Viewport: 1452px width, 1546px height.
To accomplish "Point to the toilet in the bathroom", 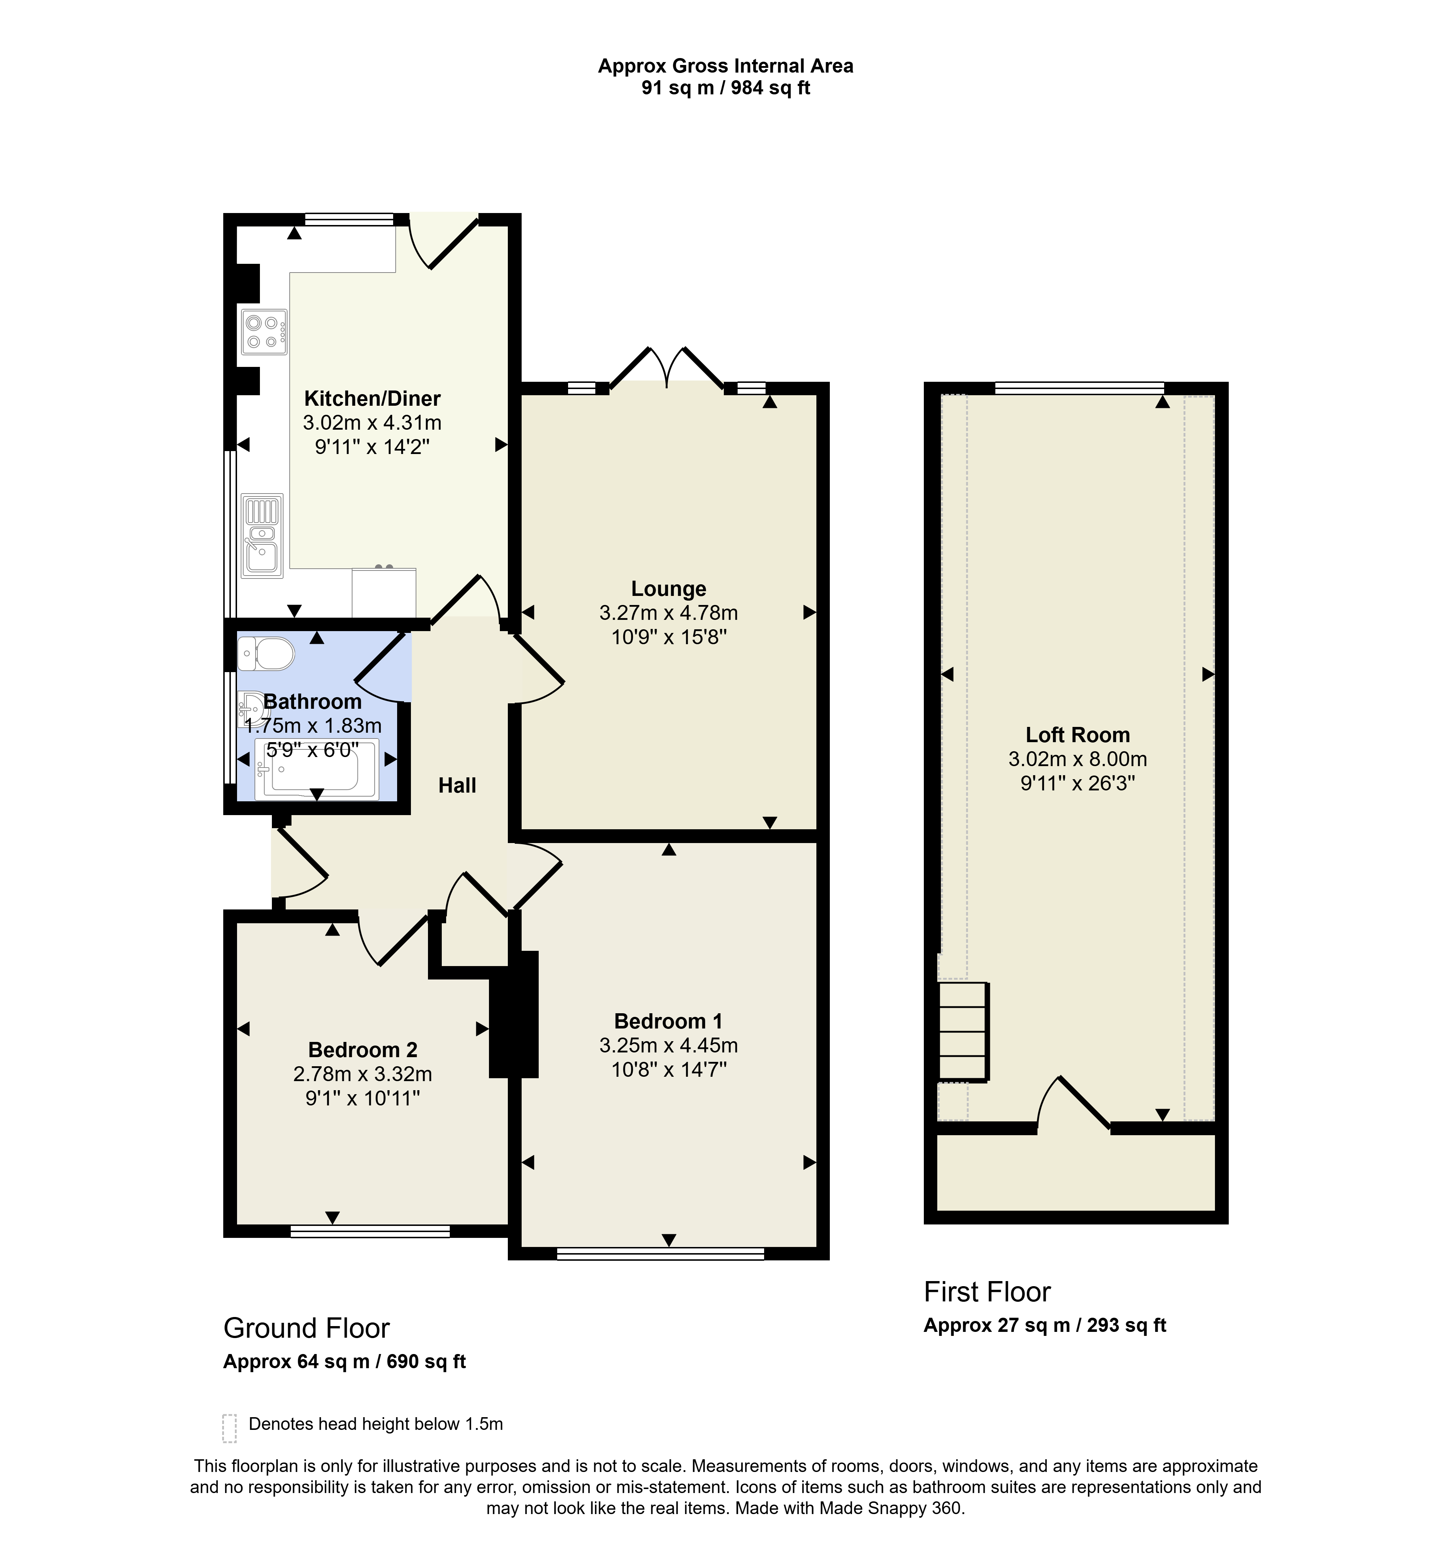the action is (266, 653).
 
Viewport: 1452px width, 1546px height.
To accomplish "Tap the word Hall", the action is (457, 785).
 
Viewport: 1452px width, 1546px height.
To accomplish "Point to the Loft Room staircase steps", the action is (964, 1032).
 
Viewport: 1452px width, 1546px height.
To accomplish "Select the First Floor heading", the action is (987, 1292).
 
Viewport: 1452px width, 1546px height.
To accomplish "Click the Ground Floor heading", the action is (306, 1328).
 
